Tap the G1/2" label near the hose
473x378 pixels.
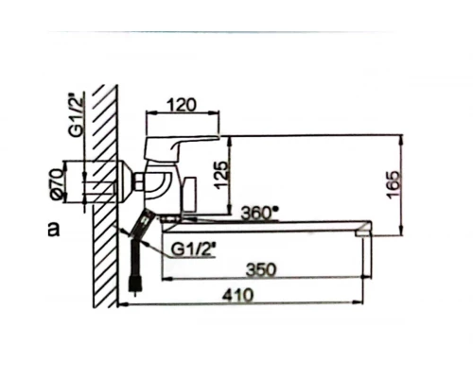(x=194, y=249)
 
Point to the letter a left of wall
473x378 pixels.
(x=54, y=230)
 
